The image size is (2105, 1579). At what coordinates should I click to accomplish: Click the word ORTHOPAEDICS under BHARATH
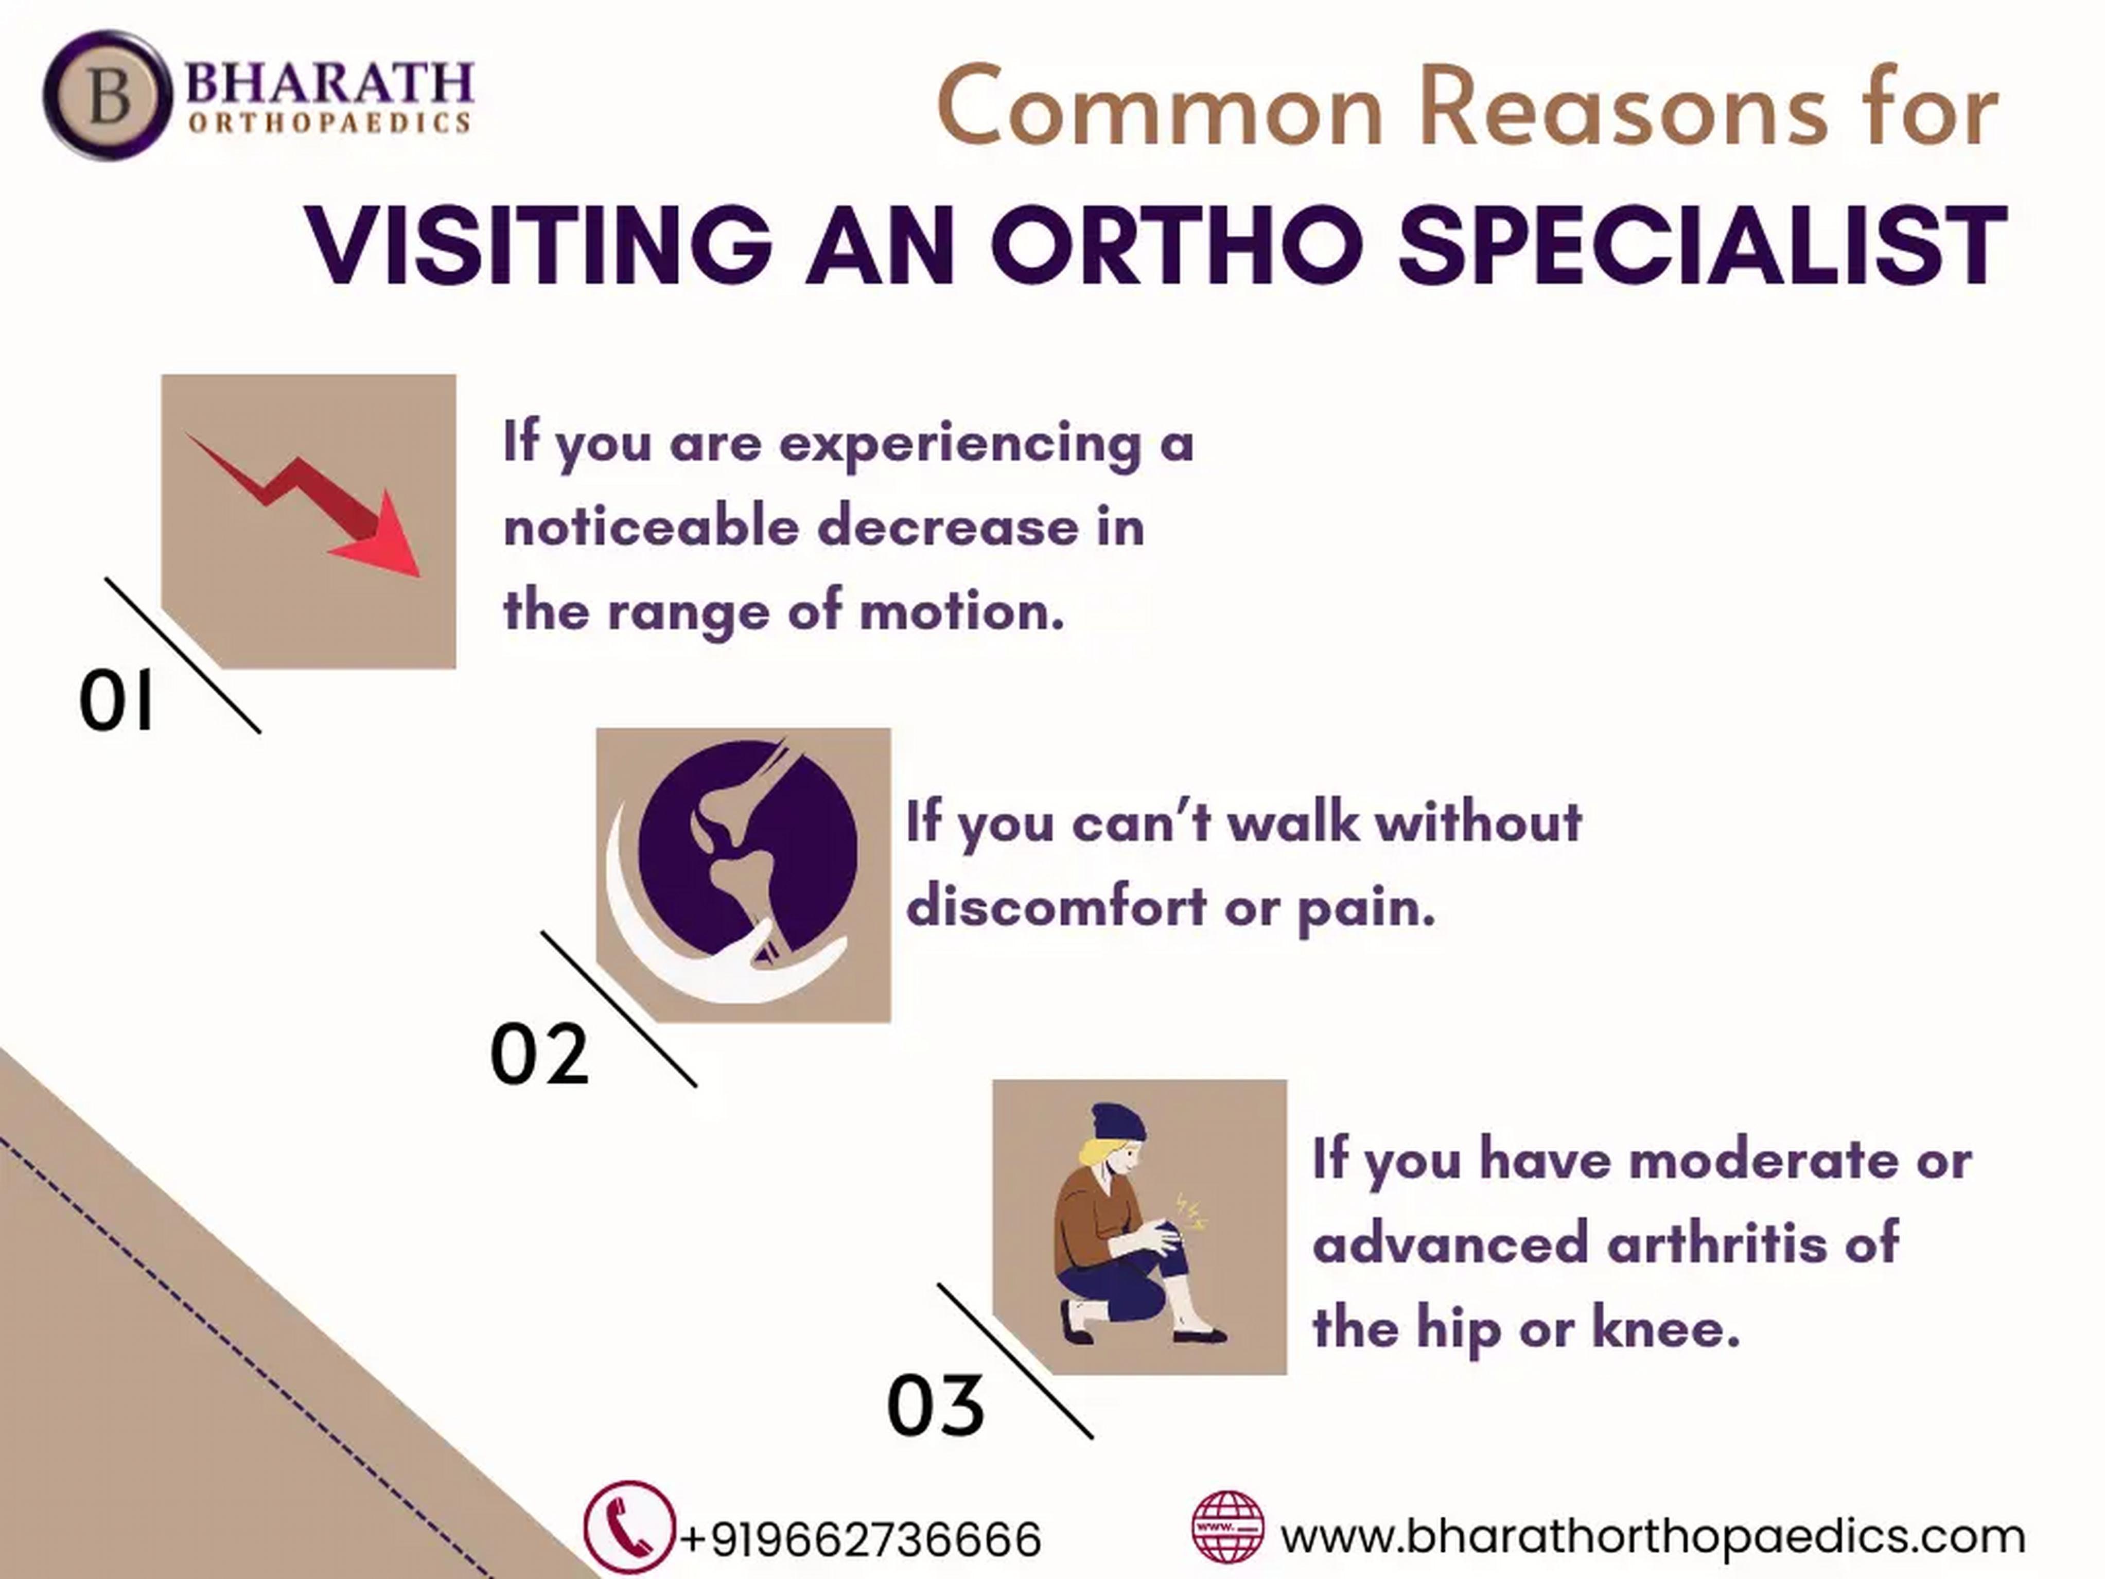329,123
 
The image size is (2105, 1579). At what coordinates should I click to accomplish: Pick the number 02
539,1055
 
